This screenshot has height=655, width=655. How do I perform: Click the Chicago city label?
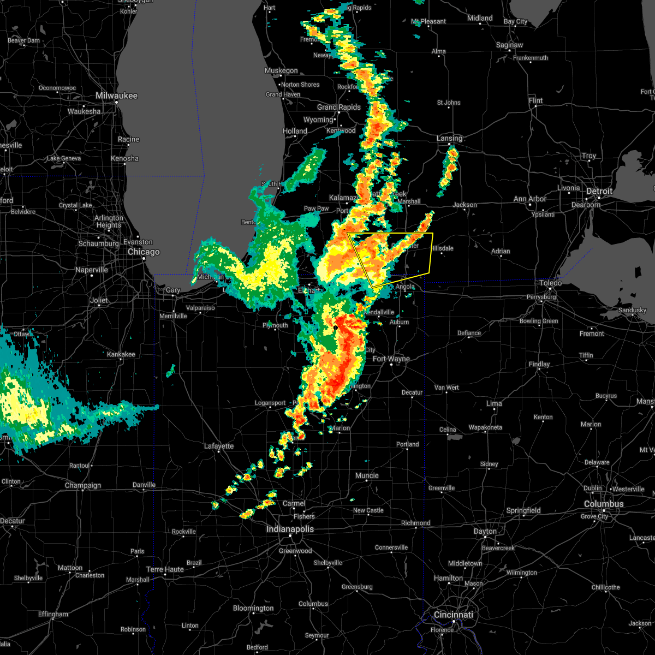pyautogui.click(x=144, y=252)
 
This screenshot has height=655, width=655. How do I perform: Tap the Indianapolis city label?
pyautogui.click(x=290, y=529)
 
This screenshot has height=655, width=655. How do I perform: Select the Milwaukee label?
pyautogui.click(x=116, y=96)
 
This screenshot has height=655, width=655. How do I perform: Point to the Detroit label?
pyautogui.click(x=599, y=192)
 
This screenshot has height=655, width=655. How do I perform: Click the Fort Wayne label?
pyautogui.click(x=391, y=359)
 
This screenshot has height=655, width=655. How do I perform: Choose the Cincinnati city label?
pyautogui.click(x=454, y=615)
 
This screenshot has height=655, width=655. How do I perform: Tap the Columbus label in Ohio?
pyautogui.click(x=604, y=504)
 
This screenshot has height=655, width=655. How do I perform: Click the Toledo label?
pyautogui.click(x=551, y=283)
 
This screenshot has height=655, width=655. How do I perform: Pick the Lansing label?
pyautogui.click(x=449, y=138)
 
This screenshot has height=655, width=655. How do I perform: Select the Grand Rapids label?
pyautogui.click(x=339, y=107)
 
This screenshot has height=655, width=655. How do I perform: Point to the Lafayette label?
pyautogui.click(x=219, y=446)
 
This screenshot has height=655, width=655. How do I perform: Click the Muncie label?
pyautogui.click(x=367, y=475)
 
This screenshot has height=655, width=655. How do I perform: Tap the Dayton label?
pyautogui.click(x=485, y=531)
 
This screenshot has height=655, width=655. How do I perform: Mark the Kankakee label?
pyautogui.click(x=121, y=354)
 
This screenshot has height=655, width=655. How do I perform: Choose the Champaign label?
pyautogui.click(x=83, y=485)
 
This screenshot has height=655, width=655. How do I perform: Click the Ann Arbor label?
pyautogui.click(x=529, y=199)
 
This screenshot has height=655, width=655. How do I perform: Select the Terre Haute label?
pyautogui.click(x=165, y=569)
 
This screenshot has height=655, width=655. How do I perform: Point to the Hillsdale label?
pyautogui.click(x=442, y=248)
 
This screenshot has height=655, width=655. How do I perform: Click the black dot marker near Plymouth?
pyautogui.click(x=336, y=327)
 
